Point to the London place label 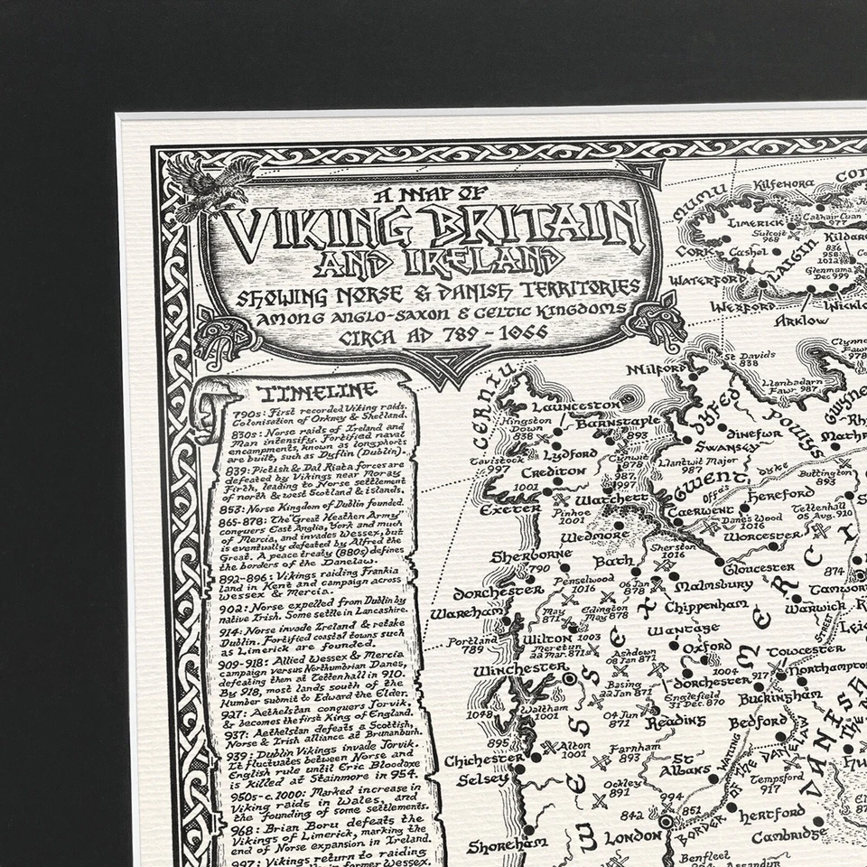click(633, 836)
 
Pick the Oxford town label click(706, 648)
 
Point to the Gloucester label click(759, 567)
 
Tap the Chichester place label click(483, 760)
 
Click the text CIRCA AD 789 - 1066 click(423, 339)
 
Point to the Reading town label click(679, 720)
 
